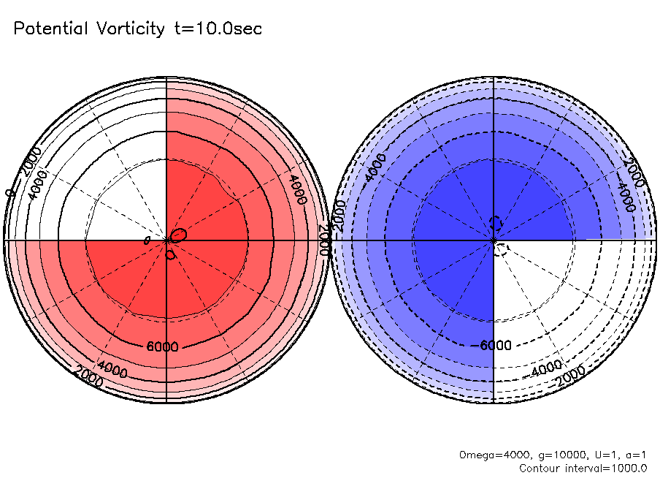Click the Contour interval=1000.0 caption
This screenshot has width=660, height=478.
583,468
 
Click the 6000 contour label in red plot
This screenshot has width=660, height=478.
162,346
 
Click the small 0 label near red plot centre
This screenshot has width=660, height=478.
147,240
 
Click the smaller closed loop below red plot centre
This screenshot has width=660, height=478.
170,255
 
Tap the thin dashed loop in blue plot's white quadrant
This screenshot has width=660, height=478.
501,249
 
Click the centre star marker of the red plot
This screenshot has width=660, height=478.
167,240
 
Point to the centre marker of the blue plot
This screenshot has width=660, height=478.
494,240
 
